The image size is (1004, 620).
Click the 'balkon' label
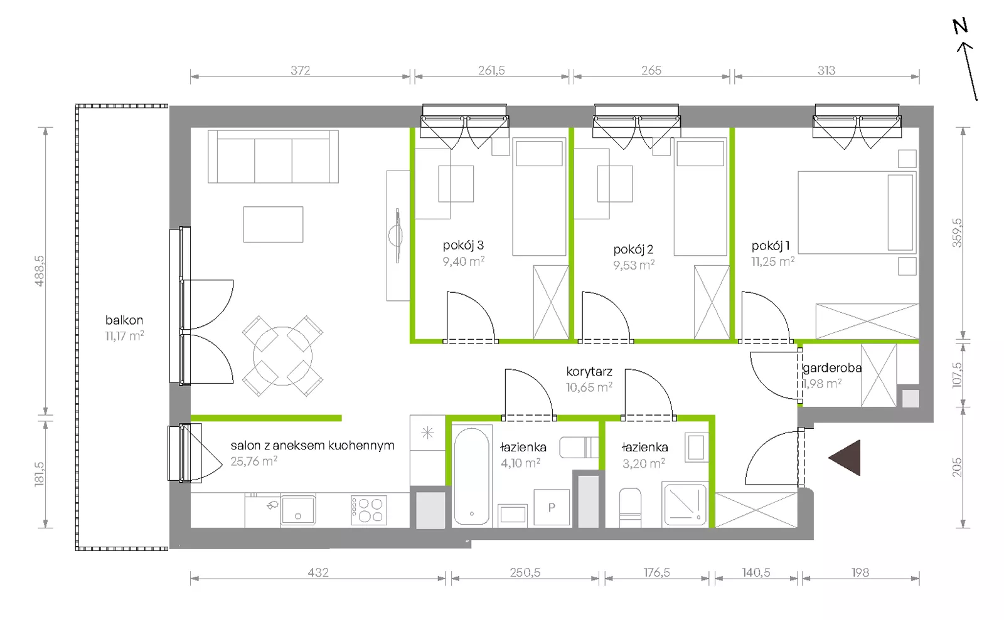pos(124,320)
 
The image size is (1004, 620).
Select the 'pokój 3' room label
pos(463,245)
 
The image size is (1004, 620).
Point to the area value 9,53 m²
pos(634,265)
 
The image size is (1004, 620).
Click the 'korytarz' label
pos(589,372)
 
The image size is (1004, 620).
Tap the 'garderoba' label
pos(832,368)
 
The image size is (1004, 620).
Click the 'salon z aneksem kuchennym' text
pos(312,446)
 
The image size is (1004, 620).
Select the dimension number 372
pos(301,70)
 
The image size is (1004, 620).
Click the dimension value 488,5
pos(40,271)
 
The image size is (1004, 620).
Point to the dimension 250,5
pos(525,572)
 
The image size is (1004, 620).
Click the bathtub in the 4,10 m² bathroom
pos(471,476)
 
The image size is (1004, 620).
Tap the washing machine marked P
pos(552,507)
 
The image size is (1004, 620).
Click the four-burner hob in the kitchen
pos(368,510)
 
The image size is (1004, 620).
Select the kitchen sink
pos(298,510)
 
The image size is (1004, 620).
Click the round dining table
pos(282,356)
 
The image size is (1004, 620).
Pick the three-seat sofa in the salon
pos(273,157)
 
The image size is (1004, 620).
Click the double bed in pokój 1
pos(857,212)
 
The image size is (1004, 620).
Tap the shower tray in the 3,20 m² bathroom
pos(685,504)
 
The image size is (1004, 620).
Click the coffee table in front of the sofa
pos(274,224)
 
